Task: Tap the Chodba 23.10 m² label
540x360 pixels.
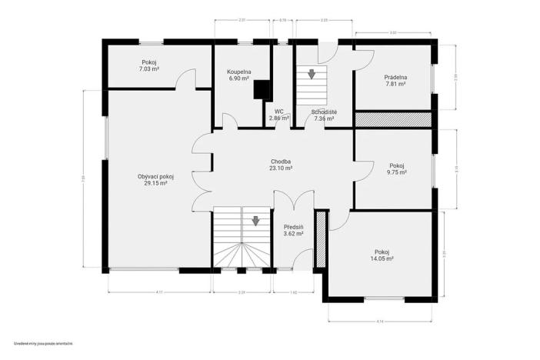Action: (281, 165)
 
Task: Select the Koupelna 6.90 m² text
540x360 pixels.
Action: (238, 75)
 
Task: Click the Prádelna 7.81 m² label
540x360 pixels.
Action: (395, 81)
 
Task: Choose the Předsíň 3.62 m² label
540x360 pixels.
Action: (293, 229)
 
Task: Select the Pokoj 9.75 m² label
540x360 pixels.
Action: (397, 169)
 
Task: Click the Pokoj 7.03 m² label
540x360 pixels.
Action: (149, 66)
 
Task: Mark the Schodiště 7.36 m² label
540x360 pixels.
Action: (323, 115)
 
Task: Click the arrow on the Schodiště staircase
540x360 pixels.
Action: (312, 75)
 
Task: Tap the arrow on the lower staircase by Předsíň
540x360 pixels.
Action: (255, 222)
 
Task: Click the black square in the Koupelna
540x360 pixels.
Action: (263, 89)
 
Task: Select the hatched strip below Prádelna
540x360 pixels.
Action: (392, 119)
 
